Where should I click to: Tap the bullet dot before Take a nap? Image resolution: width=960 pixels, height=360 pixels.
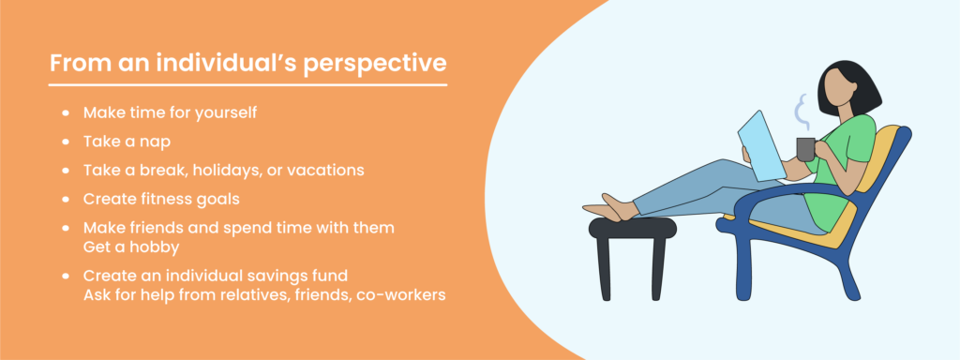[x=65, y=142]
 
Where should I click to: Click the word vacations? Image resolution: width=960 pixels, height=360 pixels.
[x=324, y=172]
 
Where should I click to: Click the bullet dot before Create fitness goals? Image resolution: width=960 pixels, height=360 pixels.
[x=65, y=201]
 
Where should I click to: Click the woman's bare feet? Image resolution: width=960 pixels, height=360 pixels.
[x=609, y=207]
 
